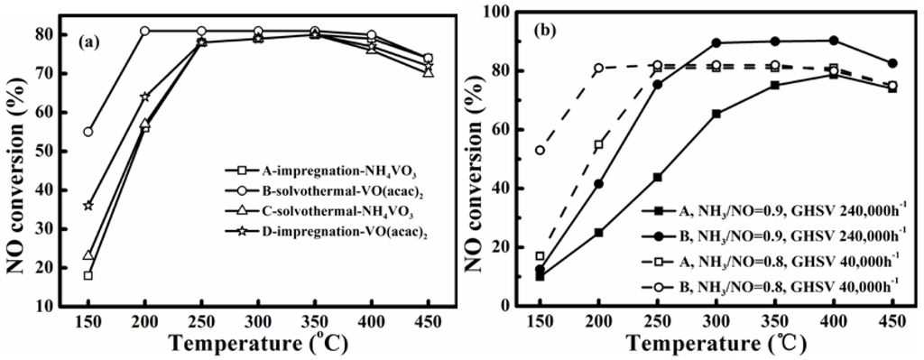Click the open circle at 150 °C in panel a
[x=88, y=132]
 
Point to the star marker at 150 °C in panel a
[x=88, y=206]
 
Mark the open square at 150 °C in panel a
[x=88, y=275]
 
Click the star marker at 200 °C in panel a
[x=144, y=97]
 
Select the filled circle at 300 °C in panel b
[x=716, y=42]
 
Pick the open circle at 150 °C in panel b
[x=541, y=150]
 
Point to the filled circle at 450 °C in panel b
[x=892, y=63]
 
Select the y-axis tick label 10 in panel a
[x=45, y=306]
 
